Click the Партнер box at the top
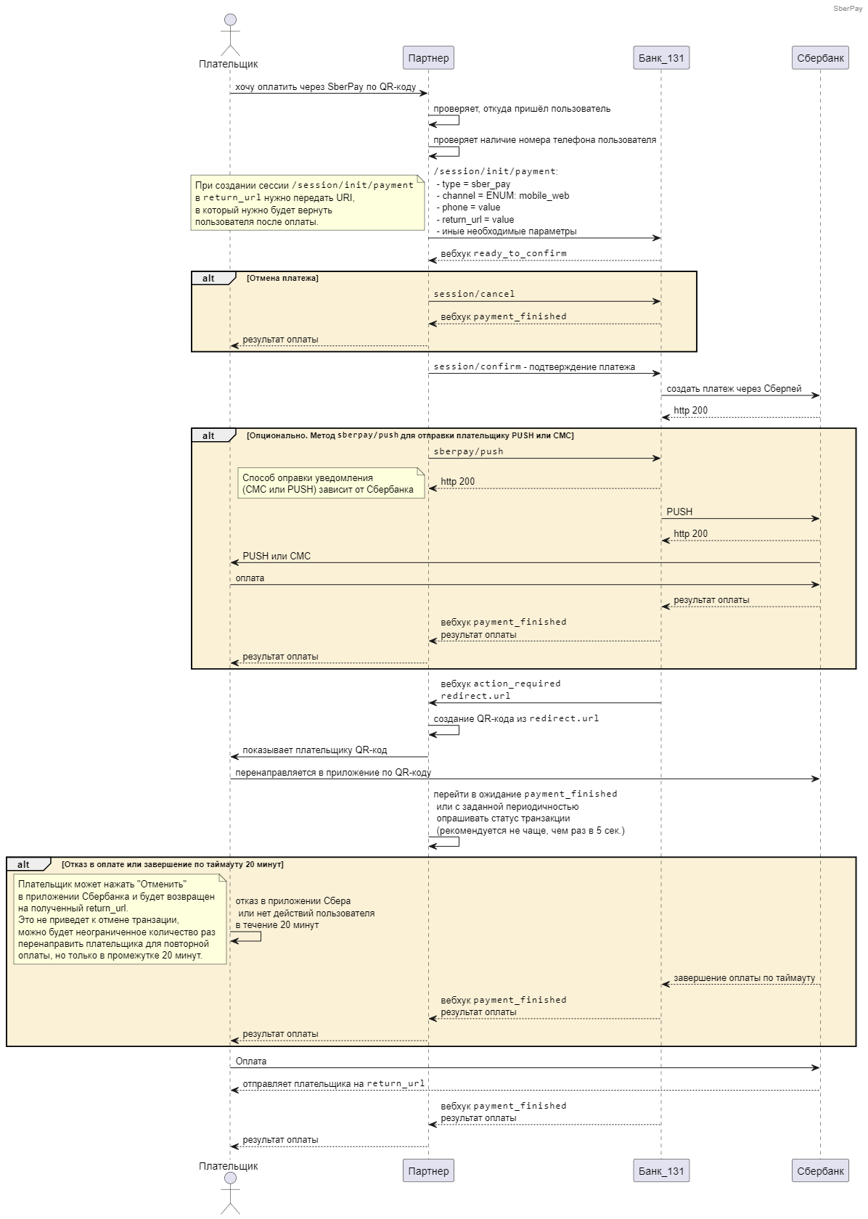(x=428, y=58)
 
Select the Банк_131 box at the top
(x=661, y=58)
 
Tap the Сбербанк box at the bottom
(x=820, y=1170)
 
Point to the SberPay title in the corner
(x=848, y=8)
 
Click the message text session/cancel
(x=474, y=294)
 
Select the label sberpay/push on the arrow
(x=469, y=451)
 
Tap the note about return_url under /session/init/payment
(x=308, y=202)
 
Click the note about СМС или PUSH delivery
(x=331, y=483)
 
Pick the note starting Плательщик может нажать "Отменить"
(x=120, y=919)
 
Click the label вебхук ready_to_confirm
(x=504, y=254)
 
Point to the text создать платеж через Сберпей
(x=734, y=389)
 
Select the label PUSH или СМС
(x=277, y=556)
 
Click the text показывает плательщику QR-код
(x=314, y=750)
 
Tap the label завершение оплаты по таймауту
(x=744, y=978)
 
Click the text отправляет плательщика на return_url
(x=334, y=1083)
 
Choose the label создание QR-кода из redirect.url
(x=516, y=718)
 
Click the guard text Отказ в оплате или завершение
(x=172, y=864)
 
